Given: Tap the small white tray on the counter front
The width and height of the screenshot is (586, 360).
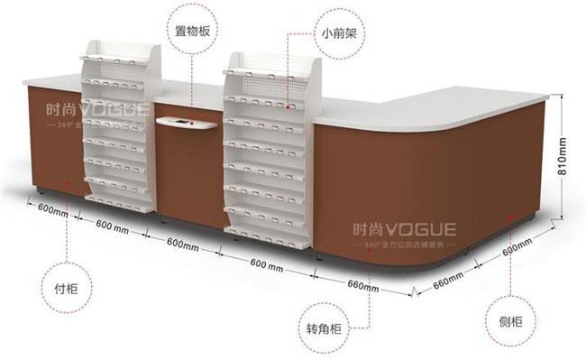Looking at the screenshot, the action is (187, 123).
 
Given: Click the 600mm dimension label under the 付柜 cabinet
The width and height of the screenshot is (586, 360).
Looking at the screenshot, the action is (53, 208).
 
